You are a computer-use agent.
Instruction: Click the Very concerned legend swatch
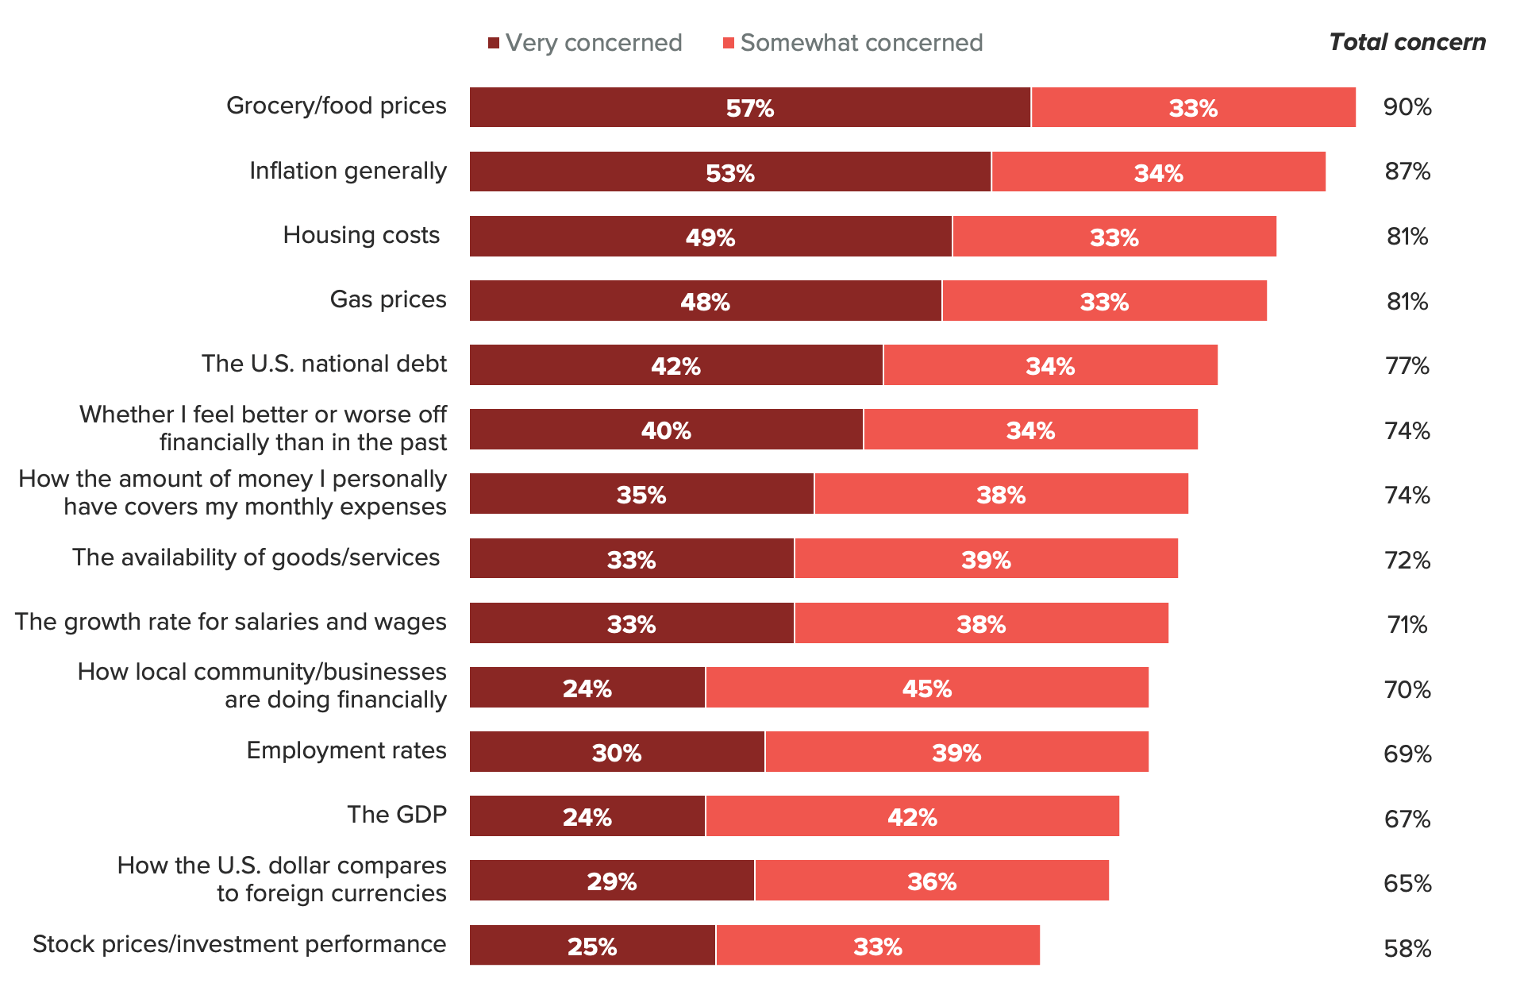494,43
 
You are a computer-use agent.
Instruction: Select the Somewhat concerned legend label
861,43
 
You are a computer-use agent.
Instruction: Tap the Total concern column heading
1407,42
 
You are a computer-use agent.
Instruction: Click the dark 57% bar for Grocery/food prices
749,107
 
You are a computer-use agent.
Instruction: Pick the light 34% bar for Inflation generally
1158,172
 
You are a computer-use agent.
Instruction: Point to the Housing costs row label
361,236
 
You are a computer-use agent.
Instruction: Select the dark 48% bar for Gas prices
705,301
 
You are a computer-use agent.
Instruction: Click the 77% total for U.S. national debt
1407,366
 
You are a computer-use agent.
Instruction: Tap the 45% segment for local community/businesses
926,688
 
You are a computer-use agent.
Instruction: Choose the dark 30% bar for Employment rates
617,752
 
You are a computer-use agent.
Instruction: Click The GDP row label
397,815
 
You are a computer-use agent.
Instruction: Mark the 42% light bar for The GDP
912,816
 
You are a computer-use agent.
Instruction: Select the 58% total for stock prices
1407,948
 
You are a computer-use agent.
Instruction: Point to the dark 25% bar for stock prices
592,946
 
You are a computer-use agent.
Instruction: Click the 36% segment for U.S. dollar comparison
931,881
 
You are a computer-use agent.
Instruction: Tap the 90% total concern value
1407,107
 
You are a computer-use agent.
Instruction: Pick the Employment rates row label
346,750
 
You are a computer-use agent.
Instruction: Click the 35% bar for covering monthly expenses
641,494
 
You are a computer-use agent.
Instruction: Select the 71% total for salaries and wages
1407,625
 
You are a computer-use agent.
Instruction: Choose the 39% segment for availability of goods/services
986,559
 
